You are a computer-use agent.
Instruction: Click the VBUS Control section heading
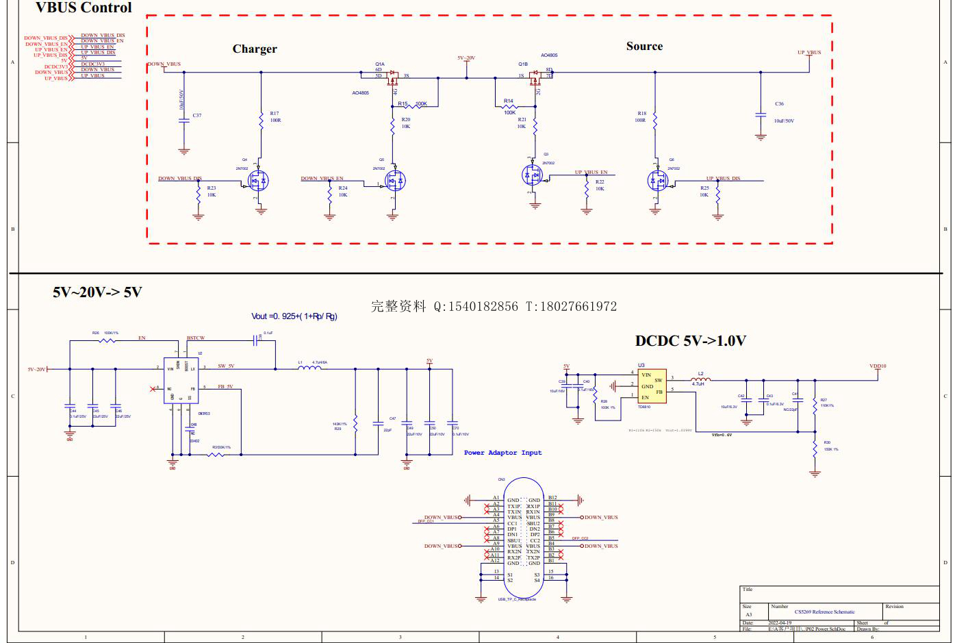pos(84,8)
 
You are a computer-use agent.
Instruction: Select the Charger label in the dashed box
pos(255,49)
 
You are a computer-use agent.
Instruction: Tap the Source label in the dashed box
pos(644,46)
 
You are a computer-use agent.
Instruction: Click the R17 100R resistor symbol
pos(261,121)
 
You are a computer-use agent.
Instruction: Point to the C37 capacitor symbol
pos(183,121)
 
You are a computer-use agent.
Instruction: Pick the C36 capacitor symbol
pos(761,114)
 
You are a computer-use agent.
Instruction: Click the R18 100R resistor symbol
pos(654,121)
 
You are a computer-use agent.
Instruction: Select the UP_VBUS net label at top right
pos(808,53)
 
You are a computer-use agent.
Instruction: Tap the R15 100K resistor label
pos(412,104)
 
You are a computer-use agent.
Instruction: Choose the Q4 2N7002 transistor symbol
pos(257,181)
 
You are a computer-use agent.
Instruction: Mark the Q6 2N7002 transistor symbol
pos(657,181)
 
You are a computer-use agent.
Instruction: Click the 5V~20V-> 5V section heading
pos(97,292)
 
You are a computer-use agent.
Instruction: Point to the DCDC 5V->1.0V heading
pos(690,340)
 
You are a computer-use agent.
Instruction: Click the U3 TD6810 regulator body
pos(650,386)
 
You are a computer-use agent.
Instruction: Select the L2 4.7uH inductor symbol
pos(700,379)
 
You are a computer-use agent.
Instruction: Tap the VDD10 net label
pos(878,366)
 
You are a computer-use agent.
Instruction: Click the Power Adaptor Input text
pos(502,453)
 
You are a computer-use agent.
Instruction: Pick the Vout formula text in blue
pos(294,316)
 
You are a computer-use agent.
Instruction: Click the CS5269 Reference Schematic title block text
pos(824,612)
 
